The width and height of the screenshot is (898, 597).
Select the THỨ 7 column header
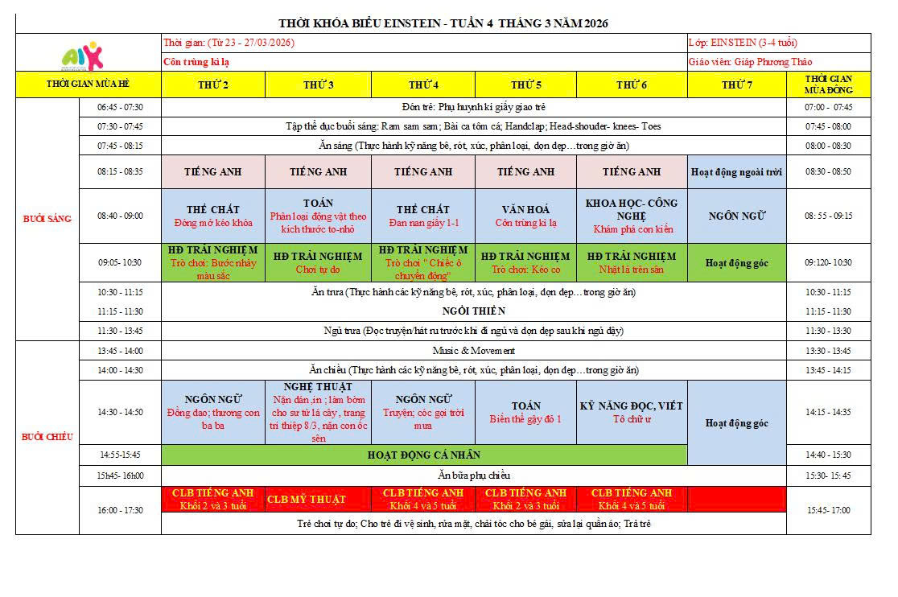click(x=737, y=84)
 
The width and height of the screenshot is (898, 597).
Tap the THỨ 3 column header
click(x=319, y=84)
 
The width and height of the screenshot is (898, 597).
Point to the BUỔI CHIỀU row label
click(x=47, y=437)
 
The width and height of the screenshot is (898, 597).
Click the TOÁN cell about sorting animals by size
click(x=319, y=216)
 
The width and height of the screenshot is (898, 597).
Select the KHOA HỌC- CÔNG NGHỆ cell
click(x=632, y=216)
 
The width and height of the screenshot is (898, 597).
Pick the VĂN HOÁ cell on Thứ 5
click(x=525, y=216)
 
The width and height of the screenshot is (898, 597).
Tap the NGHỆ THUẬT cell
click(x=319, y=412)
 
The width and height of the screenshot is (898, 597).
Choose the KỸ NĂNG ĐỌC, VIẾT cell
click(x=632, y=412)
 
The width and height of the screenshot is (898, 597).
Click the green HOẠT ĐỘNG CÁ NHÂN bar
click(x=424, y=455)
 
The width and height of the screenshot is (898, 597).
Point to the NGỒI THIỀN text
click(x=474, y=311)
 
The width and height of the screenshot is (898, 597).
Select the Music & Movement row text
click(x=474, y=351)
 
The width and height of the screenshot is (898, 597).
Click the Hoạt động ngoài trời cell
click(x=737, y=171)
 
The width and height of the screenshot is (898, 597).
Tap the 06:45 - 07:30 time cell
click(x=120, y=107)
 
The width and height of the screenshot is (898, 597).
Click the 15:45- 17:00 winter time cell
click(x=828, y=510)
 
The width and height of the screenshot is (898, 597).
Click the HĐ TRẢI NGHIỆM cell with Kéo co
click(x=525, y=262)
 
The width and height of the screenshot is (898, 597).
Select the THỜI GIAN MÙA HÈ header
click(x=89, y=84)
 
